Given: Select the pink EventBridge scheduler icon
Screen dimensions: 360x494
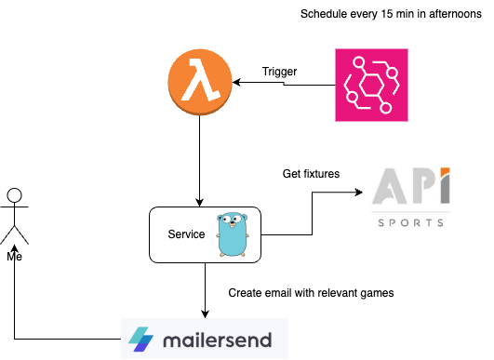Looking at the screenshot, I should click(371, 86).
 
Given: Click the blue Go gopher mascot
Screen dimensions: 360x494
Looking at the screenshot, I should click(233, 233).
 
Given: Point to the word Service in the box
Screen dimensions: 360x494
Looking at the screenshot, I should click(186, 234).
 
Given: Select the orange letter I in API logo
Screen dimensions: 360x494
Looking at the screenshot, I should click(445, 188).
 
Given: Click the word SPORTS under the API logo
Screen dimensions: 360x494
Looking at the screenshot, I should click(411, 223).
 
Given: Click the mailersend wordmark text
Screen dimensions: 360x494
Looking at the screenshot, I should click(218, 340).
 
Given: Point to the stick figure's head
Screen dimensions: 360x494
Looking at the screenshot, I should click(14, 195).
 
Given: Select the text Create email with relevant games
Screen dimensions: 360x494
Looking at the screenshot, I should click(311, 292).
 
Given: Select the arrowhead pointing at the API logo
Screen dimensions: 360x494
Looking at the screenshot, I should click(358, 193).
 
